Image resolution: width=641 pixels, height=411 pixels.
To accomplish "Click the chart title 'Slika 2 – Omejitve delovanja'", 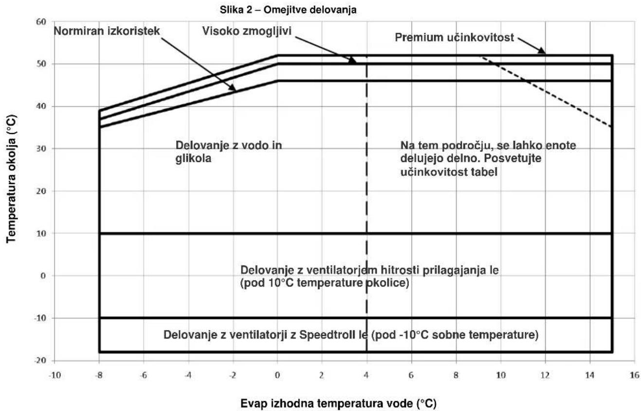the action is coord(288,10).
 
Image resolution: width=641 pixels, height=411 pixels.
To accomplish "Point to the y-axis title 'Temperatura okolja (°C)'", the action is coord(11,179).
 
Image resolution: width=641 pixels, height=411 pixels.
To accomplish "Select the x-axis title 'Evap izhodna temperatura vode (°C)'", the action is coord(339,403).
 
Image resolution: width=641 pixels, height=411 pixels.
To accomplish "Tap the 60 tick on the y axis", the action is coord(41,22).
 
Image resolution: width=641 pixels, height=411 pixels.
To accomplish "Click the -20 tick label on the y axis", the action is coord(40,360).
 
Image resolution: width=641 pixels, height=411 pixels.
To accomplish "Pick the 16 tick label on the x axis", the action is coord(634,375).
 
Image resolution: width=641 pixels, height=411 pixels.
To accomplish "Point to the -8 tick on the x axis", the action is coord(99,375).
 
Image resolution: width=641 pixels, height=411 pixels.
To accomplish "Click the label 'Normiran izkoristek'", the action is coord(107,31).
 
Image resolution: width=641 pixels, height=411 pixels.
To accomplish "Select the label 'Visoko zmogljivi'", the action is coord(247,31).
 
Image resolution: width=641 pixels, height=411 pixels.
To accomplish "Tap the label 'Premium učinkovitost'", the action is coord(454,37).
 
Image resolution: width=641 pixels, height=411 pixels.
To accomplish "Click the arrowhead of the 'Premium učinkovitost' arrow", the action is coord(543,51).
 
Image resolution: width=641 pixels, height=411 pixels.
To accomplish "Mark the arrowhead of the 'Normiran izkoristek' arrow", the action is coord(232,88).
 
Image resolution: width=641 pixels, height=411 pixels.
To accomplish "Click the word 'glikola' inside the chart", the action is coord(193,158).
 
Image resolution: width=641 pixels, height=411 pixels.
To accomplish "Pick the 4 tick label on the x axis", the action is coord(366,375).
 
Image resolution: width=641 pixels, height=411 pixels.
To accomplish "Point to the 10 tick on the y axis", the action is coord(41,233).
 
